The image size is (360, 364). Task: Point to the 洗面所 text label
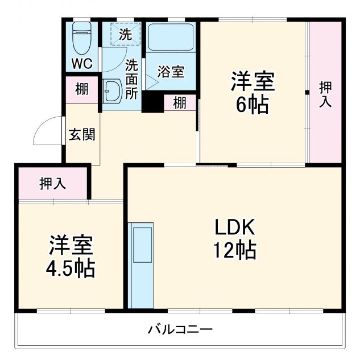(131, 80)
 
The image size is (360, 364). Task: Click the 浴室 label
(170, 72)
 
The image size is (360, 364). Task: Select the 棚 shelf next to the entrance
(82, 89)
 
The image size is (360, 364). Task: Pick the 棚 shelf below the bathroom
(180, 103)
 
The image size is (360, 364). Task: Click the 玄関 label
(82, 135)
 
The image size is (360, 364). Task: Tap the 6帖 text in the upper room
(252, 106)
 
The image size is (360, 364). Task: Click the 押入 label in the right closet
(325, 94)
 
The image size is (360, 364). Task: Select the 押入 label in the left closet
(52, 183)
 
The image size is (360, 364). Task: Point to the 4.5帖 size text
(71, 267)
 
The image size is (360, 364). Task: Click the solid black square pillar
(152, 102)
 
